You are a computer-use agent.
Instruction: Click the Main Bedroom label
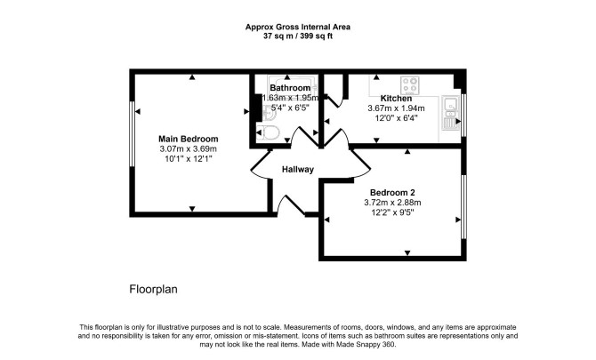[x=189, y=139]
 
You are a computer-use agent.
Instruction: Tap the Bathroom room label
[x=290, y=88]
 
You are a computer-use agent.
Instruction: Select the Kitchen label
[x=396, y=99]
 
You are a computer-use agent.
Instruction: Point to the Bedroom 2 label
[x=392, y=193]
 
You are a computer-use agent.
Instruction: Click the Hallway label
[x=298, y=170]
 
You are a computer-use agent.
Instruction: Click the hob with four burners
[x=410, y=85]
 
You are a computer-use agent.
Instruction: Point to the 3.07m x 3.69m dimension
[x=189, y=148]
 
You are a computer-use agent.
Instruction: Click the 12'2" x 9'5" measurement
[x=392, y=212]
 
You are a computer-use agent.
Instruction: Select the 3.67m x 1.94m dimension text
[x=396, y=108]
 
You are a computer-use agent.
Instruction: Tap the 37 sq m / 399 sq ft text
[x=298, y=36]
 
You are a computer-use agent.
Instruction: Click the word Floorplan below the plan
[x=153, y=290]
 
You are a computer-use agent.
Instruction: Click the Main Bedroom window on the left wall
[x=133, y=133]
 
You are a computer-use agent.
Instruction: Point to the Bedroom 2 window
[x=463, y=206]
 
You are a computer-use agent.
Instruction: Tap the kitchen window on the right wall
[x=463, y=115]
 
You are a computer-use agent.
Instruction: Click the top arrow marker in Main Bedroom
[x=192, y=77]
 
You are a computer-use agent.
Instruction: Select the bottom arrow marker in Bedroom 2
[x=407, y=253]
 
